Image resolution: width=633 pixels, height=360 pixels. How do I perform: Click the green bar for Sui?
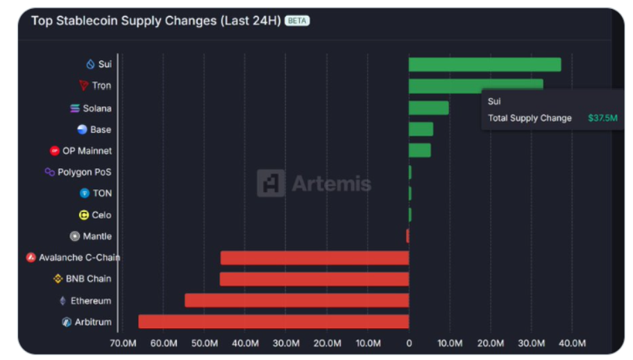click(484, 65)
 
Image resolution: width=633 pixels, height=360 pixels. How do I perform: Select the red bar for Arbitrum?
click(273, 322)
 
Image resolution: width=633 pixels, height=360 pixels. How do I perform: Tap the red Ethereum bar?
click(296, 300)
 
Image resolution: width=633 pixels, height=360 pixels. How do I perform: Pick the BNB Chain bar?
click(314, 279)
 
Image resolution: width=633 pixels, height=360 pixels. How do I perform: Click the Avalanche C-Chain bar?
click(314, 258)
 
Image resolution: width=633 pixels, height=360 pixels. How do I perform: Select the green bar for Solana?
click(428, 108)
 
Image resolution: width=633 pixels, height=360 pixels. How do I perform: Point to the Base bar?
click(421, 129)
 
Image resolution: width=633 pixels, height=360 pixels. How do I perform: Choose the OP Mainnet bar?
click(419, 151)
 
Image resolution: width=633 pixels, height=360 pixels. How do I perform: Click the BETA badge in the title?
click(297, 21)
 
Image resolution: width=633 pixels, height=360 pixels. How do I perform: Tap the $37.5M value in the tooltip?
click(602, 118)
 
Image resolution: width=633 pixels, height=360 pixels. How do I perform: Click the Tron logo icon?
click(84, 86)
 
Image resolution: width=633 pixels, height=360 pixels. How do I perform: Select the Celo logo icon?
click(84, 215)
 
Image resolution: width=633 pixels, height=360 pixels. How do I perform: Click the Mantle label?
click(97, 237)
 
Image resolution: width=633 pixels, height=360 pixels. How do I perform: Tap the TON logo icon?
click(85, 194)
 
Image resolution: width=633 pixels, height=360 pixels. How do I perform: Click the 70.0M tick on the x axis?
click(124, 343)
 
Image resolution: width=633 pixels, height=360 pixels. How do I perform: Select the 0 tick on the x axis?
click(409, 343)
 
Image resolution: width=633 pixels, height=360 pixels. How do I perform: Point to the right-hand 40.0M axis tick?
click(573, 343)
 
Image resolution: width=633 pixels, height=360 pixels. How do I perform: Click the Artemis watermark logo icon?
click(271, 184)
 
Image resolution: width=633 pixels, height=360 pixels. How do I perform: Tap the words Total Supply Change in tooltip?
click(530, 118)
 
